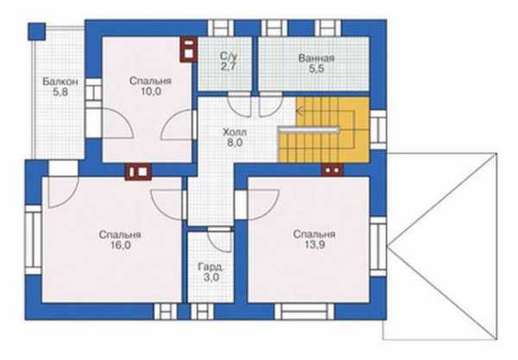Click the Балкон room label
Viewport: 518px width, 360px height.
60,81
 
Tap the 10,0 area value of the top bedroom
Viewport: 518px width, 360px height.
151,92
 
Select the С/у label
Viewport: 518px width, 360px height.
228,56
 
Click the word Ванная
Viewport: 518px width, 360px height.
316,59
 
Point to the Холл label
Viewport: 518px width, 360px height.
235,132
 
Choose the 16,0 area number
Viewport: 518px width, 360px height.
120,245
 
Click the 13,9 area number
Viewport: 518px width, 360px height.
314,244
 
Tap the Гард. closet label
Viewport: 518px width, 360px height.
212,267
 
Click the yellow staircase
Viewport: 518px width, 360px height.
324,129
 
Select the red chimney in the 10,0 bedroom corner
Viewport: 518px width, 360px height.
188,49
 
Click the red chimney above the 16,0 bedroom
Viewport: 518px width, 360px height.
138,172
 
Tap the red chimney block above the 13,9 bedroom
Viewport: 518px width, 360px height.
332,170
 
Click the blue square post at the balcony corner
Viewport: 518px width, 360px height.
36,31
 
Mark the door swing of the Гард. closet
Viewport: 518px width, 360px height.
219,241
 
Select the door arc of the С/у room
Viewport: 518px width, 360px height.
239,105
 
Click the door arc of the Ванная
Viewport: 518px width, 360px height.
270,105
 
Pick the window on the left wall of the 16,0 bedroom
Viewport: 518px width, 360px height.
34,240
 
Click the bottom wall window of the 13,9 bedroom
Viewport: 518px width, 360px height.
304,312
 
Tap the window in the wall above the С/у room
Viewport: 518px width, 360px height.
221,28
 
